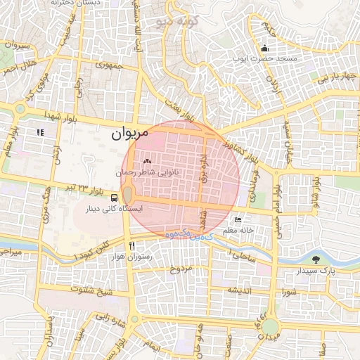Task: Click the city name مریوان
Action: (x=130, y=133)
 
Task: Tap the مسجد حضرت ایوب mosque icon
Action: (x=264, y=49)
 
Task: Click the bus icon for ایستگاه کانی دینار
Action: (x=115, y=198)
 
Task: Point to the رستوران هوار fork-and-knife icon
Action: (x=132, y=245)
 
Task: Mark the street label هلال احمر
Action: (x=17, y=69)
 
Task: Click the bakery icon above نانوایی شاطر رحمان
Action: (x=147, y=161)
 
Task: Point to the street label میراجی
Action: (x=13, y=251)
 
